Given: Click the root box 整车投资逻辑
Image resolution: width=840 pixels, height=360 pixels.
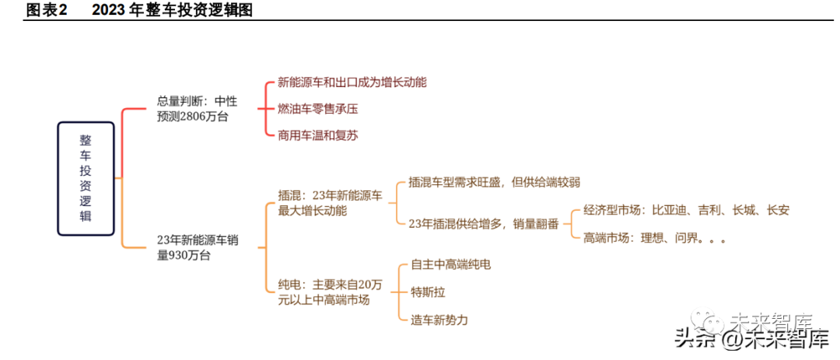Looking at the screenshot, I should pyautogui.click(x=86, y=179).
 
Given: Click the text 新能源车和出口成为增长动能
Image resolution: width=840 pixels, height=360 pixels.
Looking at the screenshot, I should pyautogui.click(x=352, y=82).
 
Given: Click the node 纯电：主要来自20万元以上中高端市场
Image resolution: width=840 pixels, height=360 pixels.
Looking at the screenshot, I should pyautogui.click(x=331, y=292).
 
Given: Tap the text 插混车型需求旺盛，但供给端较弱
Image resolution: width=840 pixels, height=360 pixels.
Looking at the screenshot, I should pyautogui.click(x=494, y=182).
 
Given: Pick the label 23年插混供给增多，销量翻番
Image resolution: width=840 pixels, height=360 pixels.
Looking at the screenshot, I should pyautogui.click(x=484, y=224).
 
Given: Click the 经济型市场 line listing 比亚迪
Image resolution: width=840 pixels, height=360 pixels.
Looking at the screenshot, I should pyautogui.click(x=686, y=210).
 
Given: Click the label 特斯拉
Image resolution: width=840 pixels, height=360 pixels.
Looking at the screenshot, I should pyautogui.click(x=428, y=292).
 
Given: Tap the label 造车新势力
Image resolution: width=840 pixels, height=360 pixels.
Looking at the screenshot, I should pyautogui.click(x=439, y=320).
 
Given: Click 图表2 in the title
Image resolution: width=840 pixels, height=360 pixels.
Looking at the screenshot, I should pyautogui.click(x=47, y=10).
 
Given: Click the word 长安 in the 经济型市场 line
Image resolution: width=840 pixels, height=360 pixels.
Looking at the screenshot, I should pyautogui.click(x=778, y=210).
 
